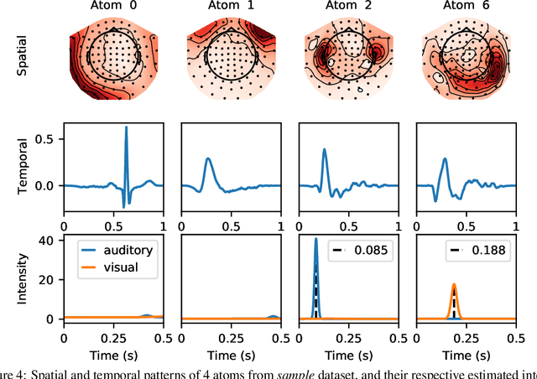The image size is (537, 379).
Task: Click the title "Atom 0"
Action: (x=113, y=8)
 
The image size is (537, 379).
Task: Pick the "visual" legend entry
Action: (x=123, y=267)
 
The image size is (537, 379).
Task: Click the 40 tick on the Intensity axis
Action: (x=48, y=241)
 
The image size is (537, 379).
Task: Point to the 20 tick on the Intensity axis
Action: (x=48, y=280)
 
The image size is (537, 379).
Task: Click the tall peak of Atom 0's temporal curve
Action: (x=127, y=128)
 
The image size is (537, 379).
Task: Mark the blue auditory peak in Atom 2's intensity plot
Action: (x=315, y=241)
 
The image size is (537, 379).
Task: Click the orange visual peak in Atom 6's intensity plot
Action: (x=454, y=285)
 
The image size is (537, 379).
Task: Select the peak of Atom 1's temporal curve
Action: (x=208, y=159)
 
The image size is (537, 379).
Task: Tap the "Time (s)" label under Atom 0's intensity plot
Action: (x=113, y=354)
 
